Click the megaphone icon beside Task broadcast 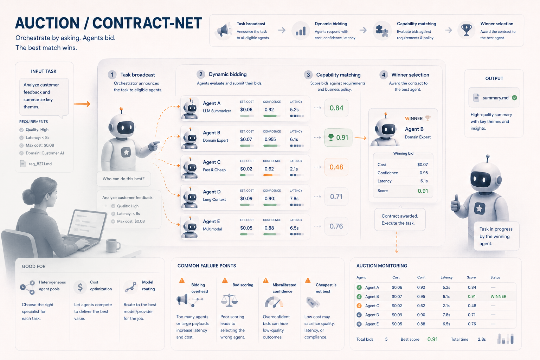coord(223,31)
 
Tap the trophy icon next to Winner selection coord(466,30)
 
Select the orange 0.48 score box coord(336,167)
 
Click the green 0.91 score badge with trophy coord(338,137)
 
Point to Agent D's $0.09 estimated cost coord(246,198)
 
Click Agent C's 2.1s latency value coord(294,169)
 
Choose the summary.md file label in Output coord(495,98)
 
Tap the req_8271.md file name coord(40,164)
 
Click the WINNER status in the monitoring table coord(498,296)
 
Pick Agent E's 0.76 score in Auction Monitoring coord(472,324)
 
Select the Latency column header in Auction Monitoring coord(446,277)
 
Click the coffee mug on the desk coord(113,245)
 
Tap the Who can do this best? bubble coord(124,179)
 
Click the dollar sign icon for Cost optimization coord(80,287)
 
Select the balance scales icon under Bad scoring coord(229,300)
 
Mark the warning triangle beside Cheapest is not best coord(308,280)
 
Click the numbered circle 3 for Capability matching coord(308,75)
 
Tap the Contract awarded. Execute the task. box coord(400,219)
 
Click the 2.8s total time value coord(482,339)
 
